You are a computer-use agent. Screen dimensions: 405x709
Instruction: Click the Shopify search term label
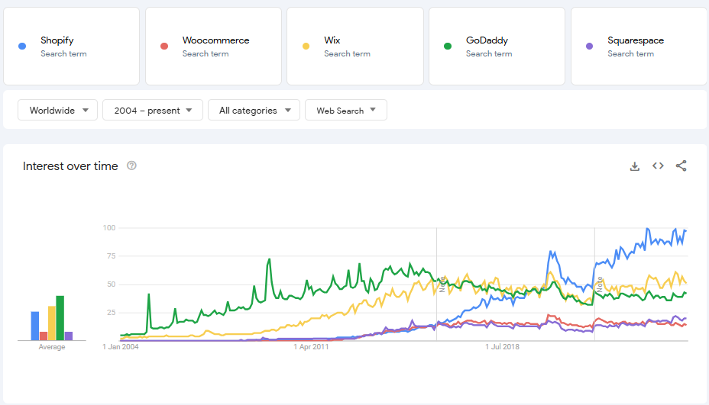click(x=57, y=40)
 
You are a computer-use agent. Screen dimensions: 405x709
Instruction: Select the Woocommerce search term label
click(x=215, y=40)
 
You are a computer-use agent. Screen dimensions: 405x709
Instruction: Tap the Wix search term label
click(x=332, y=40)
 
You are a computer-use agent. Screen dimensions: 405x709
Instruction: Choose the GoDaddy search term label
click(x=487, y=40)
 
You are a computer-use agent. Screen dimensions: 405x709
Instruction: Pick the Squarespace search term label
click(x=636, y=40)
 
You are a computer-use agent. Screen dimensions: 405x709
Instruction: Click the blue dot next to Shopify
click(x=22, y=47)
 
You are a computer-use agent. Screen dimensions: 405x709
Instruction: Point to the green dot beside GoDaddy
click(x=448, y=47)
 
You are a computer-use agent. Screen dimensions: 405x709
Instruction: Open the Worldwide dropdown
click(x=58, y=111)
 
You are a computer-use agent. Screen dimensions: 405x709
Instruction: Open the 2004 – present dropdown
click(x=153, y=111)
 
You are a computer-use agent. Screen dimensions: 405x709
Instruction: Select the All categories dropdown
click(x=254, y=111)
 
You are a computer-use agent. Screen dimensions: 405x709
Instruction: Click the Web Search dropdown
click(x=346, y=111)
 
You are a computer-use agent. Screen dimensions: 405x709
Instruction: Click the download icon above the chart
click(x=634, y=166)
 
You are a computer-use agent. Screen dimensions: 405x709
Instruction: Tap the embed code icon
click(x=658, y=166)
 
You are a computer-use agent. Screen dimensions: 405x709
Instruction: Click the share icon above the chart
click(x=681, y=166)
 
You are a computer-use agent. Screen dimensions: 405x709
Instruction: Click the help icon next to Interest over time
click(x=131, y=166)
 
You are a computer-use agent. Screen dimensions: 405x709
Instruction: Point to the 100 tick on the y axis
click(x=108, y=228)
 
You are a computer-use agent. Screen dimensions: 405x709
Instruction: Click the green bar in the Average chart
click(x=60, y=317)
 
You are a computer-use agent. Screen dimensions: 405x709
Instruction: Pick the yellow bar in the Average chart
click(x=52, y=323)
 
